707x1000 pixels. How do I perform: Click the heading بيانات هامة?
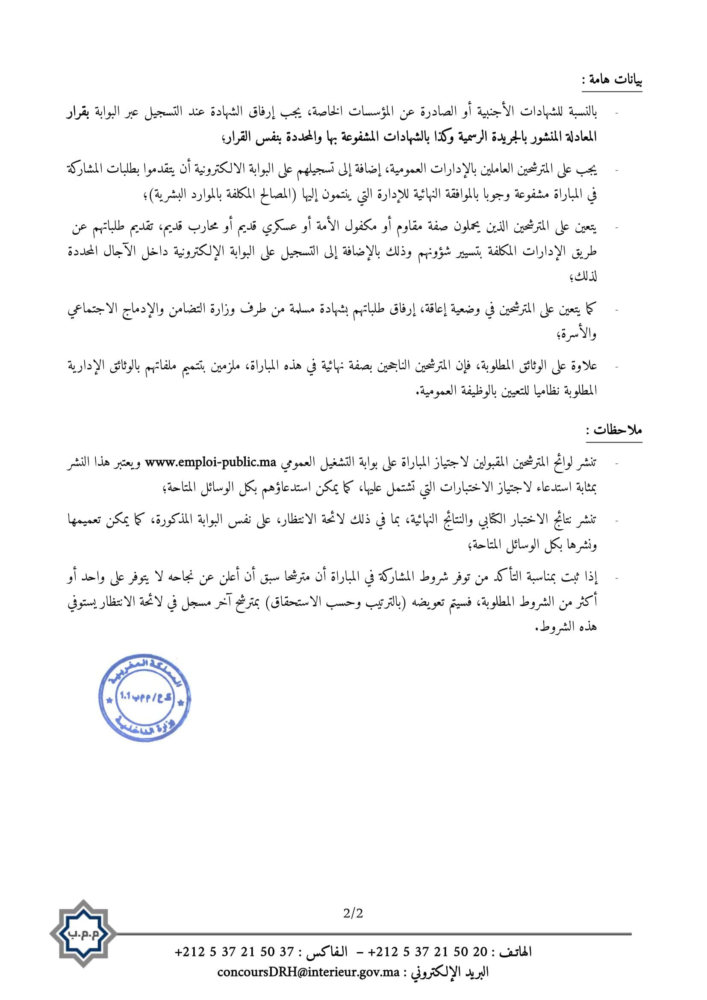[x=613, y=80]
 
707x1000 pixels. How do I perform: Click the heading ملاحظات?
[x=614, y=431]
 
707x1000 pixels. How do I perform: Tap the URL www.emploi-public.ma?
[x=211, y=463]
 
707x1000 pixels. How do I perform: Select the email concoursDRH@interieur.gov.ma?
[x=308, y=972]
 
